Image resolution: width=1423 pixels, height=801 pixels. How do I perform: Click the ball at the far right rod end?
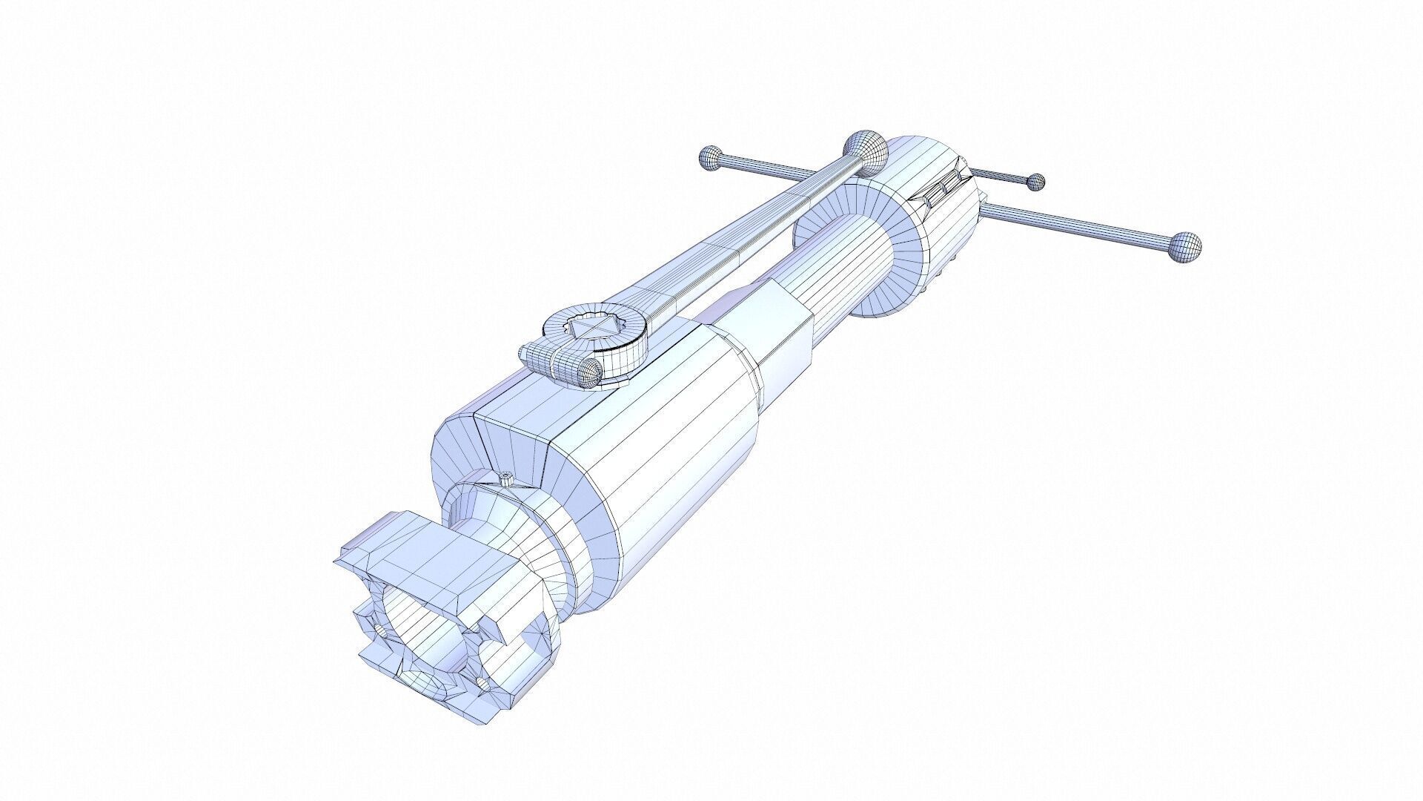[x=1184, y=247]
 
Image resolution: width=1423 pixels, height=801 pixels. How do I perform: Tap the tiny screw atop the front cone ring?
[x=508, y=479]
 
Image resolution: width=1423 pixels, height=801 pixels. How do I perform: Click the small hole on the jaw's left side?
[x=379, y=630]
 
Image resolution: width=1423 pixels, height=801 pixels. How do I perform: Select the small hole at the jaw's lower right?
[x=483, y=682]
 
